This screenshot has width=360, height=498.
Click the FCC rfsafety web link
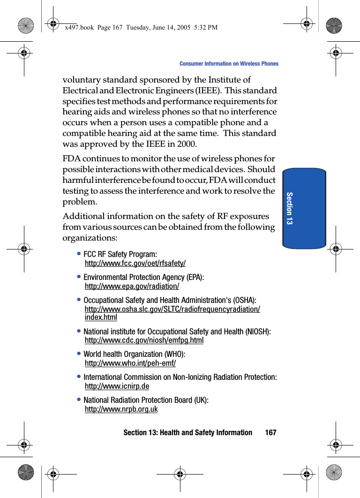coord(135,264)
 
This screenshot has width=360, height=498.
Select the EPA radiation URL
coord(132,287)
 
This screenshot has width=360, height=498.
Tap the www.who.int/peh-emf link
coord(130,363)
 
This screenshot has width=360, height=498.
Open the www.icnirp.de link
coord(117,386)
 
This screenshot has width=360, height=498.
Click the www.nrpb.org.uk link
coord(121,409)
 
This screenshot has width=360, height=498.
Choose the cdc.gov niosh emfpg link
coord(144,340)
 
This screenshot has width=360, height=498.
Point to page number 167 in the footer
coord(270,432)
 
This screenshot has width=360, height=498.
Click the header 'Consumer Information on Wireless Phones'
coord(229,64)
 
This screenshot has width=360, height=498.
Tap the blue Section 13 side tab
coord(304,208)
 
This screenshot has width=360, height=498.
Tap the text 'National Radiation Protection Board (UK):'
coord(146,400)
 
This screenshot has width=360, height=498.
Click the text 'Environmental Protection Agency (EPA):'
coord(143,277)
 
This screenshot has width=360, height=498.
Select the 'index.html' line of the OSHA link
coord(101,318)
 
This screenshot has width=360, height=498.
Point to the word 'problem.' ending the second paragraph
coord(80,202)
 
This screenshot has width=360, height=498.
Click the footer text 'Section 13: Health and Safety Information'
coord(187,432)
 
